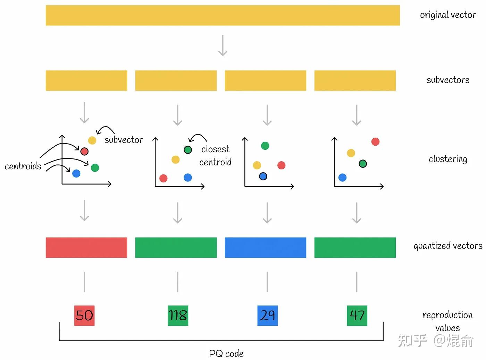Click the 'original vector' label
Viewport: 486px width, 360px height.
(x=448, y=15)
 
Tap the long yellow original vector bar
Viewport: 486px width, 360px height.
(x=223, y=15)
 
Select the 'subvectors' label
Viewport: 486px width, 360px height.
(x=448, y=80)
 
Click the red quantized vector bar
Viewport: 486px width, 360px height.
(x=86, y=247)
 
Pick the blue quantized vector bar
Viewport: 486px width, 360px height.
(x=266, y=247)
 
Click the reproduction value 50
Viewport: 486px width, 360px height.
(x=84, y=316)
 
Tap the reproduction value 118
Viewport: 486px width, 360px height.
(x=178, y=316)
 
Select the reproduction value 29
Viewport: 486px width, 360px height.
(x=267, y=316)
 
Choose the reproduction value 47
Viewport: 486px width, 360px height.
(x=357, y=316)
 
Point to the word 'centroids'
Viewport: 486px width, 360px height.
(x=23, y=166)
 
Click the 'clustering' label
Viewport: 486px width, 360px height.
(x=448, y=159)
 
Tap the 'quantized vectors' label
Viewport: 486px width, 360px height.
(x=448, y=246)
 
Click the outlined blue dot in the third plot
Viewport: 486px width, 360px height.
(x=263, y=177)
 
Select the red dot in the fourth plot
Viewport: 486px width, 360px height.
(x=375, y=142)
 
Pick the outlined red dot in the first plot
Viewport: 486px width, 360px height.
(x=84, y=152)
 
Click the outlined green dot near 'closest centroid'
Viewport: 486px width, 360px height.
(x=188, y=150)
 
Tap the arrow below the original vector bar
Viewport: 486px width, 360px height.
(x=223, y=45)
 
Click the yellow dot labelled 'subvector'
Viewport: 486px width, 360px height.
(x=92, y=140)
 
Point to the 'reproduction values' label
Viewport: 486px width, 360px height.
(x=447, y=321)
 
